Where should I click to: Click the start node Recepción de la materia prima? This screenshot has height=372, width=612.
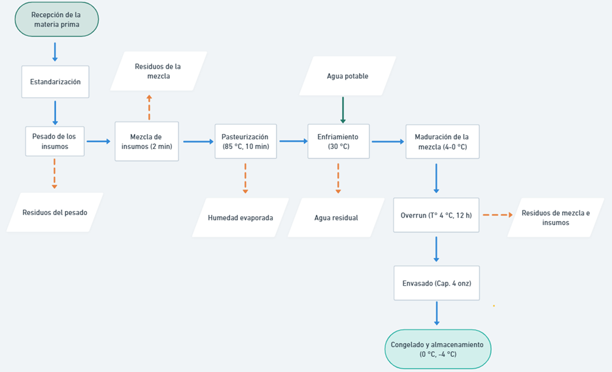(57, 19)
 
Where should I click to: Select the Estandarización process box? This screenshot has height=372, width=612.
(55, 82)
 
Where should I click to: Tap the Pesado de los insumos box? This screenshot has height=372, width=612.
(55, 141)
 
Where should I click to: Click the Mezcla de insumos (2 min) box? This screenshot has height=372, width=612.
(146, 141)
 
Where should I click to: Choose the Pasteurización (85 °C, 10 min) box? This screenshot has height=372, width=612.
(245, 141)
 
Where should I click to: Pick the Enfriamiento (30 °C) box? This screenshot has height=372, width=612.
(338, 141)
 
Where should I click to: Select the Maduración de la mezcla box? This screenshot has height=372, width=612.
(442, 141)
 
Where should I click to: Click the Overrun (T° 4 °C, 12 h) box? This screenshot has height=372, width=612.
(436, 215)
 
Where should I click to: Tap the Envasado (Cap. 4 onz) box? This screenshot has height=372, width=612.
(436, 283)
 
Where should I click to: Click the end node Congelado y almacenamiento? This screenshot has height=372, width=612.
(437, 349)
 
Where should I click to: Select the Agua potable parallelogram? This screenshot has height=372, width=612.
(347, 76)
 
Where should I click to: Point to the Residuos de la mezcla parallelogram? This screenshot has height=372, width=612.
(158, 71)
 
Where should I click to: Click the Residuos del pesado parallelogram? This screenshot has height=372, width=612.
(55, 212)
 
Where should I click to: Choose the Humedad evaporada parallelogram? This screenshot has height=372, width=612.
(241, 217)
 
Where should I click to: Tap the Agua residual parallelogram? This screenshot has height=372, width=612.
(336, 217)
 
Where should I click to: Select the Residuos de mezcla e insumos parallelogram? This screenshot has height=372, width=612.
(555, 217)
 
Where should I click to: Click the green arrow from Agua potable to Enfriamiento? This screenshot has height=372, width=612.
(343, 109)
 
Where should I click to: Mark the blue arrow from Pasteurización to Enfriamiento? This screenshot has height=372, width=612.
(293, 141)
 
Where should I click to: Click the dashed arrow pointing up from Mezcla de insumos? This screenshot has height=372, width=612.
(149, 107)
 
